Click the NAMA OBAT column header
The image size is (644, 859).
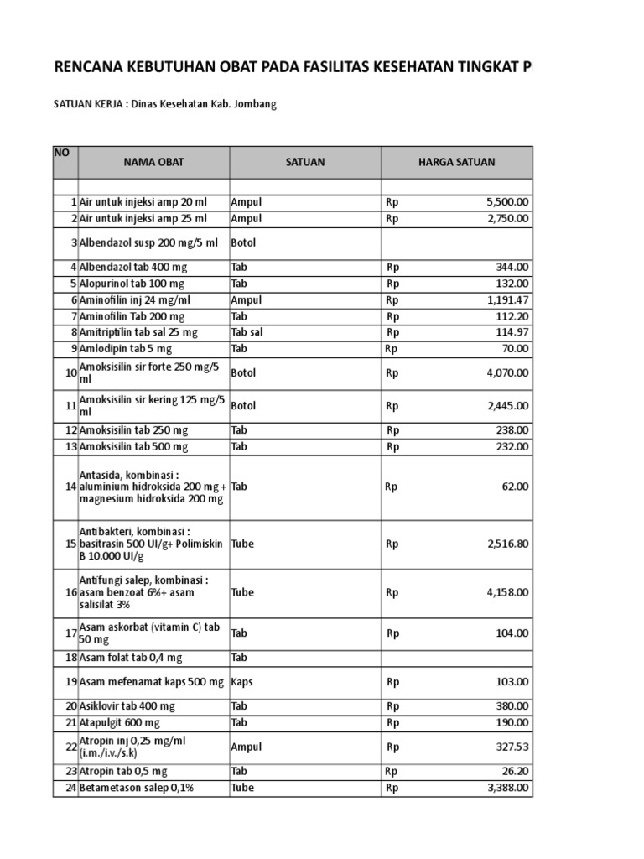point(153,162)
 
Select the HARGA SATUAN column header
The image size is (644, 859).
point(456,162)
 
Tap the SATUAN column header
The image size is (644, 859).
point(305,162)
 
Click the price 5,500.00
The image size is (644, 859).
point(507,202)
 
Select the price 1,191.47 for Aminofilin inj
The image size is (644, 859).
point(508,299)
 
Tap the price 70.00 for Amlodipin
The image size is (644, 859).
point(516,348)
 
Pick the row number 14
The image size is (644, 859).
point(70,487)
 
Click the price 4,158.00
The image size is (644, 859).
point(507,592)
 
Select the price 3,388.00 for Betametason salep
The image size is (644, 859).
point(507,788)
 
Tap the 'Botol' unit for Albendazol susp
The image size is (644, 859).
point(243,242)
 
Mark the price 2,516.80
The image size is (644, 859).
point(507,544)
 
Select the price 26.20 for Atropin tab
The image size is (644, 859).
point(516,771)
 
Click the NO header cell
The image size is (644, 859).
point(61,153)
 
